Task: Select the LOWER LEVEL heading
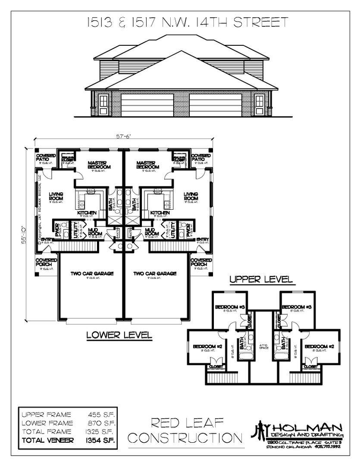coord(119,334)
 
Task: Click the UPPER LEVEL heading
coord(261,280)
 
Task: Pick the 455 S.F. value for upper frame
coord(101,415)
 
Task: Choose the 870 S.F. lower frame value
coord(101,423)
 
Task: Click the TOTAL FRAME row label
coord(46,432)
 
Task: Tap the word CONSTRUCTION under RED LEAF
coord(186,438)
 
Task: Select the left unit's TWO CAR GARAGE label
coord(92,274)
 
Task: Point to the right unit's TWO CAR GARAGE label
coord(155,274)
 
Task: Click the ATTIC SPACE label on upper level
coord(264,346)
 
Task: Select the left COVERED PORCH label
coord(45,262)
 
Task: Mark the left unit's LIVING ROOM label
coord(56,196)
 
